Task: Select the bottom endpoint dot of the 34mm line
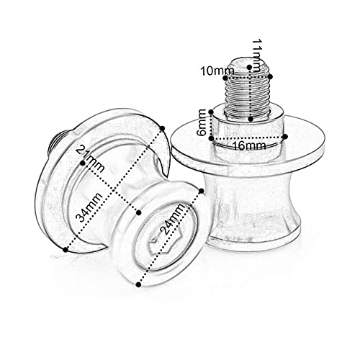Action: (x=66, y=249)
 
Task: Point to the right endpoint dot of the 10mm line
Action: (x=273, y=71)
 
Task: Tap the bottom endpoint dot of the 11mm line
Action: (x=250, y=118)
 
